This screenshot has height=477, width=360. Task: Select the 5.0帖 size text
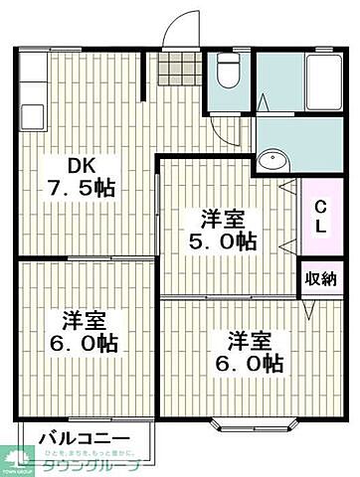pyautogui.click(x=223, y=239)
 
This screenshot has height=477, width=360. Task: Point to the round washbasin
pyautogui.click(x=270, y=163)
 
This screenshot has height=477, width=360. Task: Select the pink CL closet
pyautogui.click(x=320, y=218)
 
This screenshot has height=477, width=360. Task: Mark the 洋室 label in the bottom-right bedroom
pyautogui.click(x=248, y=340)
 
